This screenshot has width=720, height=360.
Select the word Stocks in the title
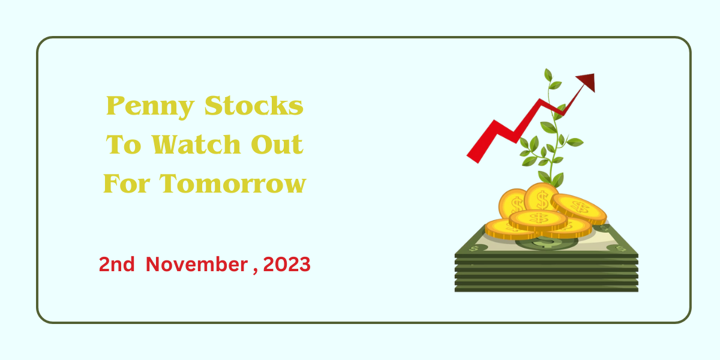click(254, 106)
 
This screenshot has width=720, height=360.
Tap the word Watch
click(196, 145)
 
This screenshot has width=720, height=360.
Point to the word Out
click(277, 145)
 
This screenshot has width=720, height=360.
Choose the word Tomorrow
click(233, 184)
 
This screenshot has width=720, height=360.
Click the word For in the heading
click(127, 184)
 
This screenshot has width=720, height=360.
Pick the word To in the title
click(124, 145)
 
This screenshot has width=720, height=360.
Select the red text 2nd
click(116, 265)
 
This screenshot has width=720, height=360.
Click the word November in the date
click(197, 265)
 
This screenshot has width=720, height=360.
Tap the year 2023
click(287, 265)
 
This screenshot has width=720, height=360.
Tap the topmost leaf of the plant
click(548, 75)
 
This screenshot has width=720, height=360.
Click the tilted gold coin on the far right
click(579, 209)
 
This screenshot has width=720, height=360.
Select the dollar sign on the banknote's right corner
click(620, 249)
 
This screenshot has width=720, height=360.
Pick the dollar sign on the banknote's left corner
click(473, 248)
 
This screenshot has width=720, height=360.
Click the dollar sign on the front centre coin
click(538, 218)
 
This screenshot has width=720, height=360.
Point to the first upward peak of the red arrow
click(494, 121)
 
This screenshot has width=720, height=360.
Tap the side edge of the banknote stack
click(547, 273)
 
